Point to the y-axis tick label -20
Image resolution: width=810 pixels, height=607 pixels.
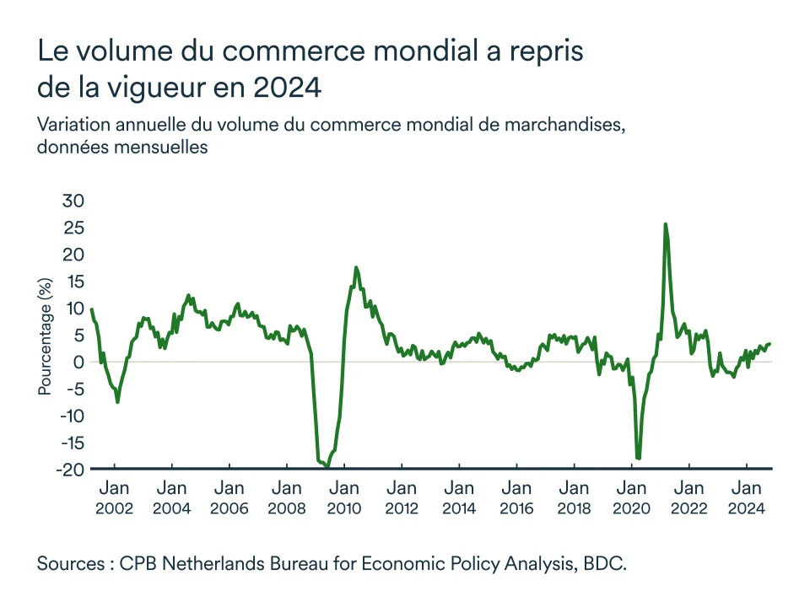point(71,470)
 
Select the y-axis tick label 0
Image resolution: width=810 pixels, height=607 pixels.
point(79,362)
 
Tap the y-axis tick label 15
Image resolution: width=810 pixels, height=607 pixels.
point(74,282)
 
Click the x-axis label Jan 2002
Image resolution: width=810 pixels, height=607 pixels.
point(114,497)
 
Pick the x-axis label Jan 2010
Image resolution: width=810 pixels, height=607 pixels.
point(344,497)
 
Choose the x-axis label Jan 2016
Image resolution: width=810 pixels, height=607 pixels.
point(516,497)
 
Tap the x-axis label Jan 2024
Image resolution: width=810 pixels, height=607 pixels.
point(747,497)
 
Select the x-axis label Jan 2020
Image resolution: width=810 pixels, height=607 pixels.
point(632,497)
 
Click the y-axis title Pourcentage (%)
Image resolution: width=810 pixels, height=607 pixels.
point(45,336)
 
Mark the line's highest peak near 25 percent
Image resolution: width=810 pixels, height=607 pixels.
point(666,224)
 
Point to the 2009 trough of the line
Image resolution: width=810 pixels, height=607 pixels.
point(327,465)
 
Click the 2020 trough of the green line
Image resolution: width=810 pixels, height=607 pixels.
point(639,459)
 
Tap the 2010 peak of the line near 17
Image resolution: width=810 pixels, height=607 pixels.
point(356,268)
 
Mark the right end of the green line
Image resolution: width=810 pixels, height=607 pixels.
point(769,343)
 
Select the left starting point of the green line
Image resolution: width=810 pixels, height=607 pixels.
point(91,309)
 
